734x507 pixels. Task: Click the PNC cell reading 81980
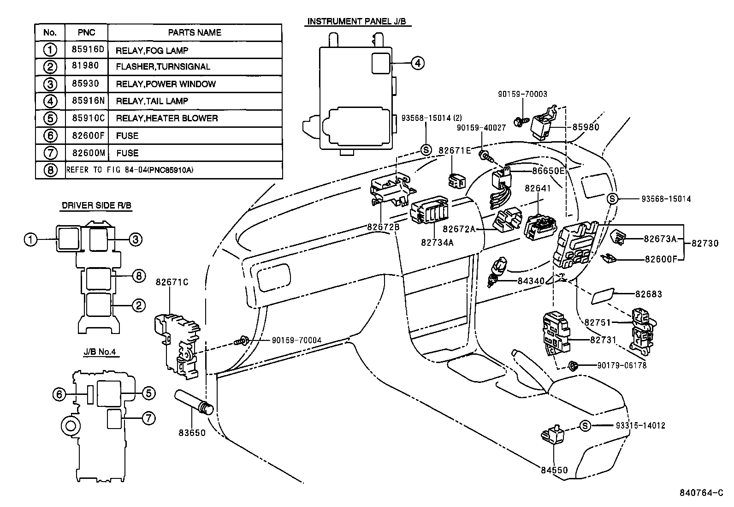tap(85, 66)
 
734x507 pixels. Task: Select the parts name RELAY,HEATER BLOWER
tap(166, 118)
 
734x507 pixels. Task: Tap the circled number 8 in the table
tap(50, 170)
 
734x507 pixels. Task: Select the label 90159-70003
tap(522, 94)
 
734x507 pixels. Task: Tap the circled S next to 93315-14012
tap(585, 426)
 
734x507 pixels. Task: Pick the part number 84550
tap(554, 470)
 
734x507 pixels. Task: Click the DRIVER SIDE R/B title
tap(96, 205)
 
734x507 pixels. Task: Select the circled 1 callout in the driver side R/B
tap(31, 239)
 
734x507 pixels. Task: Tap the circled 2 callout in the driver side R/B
tap(139, 305)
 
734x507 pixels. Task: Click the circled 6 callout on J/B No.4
tap(59, 394)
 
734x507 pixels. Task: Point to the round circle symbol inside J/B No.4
tap(70, 426)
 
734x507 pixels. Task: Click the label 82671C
tap(172, 282)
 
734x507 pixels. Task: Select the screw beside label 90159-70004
tap(242, 341)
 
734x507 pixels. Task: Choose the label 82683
tap(648, 294)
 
